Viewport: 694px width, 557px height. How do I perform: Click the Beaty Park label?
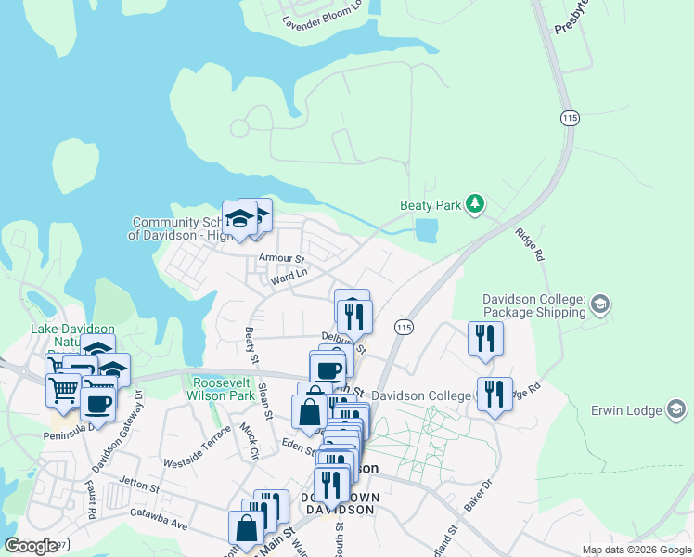[430, 205]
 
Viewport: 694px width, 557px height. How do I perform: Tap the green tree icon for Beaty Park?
[475, 203]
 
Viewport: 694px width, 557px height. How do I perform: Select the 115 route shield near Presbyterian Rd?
[570, 118]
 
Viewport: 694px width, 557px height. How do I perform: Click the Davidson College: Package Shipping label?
[533, 305]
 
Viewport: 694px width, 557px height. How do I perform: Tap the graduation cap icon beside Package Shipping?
[599, 304]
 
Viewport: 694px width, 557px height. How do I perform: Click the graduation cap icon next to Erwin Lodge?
[676, 409]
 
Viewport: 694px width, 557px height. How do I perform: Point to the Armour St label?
[282, 257]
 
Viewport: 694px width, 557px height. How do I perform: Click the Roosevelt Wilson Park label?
[222, 388]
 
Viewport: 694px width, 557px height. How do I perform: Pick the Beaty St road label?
[251, 340]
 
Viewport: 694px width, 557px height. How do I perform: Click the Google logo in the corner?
[31, 546]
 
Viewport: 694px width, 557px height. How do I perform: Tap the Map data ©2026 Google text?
[636, 550]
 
